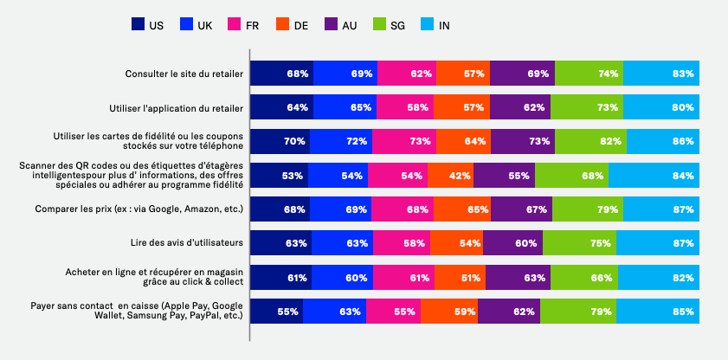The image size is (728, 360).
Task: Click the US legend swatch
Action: tap(138, 25)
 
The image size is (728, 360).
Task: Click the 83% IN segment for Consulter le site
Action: tap(660, 74)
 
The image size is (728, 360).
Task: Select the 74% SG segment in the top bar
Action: tap(589, 74)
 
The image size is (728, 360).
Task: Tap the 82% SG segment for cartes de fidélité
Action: tap(590, 141)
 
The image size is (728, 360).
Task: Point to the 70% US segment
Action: tap(280, 141)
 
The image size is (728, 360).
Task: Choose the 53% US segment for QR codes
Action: tap(279, 176)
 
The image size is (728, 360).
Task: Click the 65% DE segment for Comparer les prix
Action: tap(461, 209)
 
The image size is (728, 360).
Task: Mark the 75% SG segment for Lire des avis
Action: tap(580, 243)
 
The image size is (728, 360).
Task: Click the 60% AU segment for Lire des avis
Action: tap(512, 243)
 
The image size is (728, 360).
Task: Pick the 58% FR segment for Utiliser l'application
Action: tap(405, 107)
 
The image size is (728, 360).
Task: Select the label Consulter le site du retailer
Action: tap(184, 74)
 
